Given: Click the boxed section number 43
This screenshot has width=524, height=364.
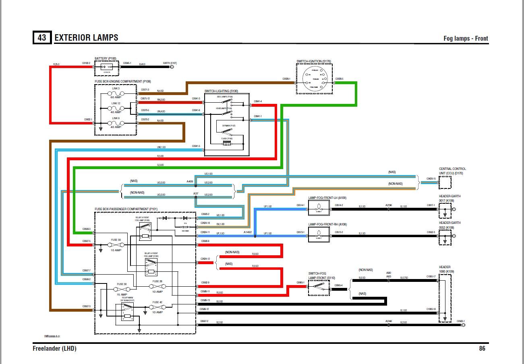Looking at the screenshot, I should tap(42, 37).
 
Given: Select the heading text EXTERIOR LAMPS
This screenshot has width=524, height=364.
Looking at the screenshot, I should tap(86, 37).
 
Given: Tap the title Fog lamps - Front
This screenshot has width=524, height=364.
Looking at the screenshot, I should tap(466, 38).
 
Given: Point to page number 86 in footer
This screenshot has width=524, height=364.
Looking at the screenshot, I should tap(482, 348).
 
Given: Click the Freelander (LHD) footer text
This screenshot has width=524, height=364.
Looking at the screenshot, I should tap(54, 348).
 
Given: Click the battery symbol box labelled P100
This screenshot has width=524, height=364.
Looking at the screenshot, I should tap(107, 68).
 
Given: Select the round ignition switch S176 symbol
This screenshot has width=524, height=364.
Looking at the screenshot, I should tap(314, 79).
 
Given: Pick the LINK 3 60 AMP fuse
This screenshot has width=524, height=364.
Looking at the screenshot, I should tap(116, 93).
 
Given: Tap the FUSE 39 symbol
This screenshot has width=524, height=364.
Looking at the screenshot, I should tap(116, 245).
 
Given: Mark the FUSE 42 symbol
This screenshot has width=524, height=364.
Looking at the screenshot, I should tap(157, 307).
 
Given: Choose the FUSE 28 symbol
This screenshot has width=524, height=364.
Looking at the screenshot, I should tap(157, 286).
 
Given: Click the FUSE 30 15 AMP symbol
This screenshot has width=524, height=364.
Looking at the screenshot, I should tap(122, 289).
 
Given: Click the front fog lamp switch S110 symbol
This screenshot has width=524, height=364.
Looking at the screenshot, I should tap(319, 287).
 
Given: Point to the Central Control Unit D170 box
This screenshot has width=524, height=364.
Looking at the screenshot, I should tap(445, 182).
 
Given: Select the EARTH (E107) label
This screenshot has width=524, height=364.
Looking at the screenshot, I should tap(170, 63).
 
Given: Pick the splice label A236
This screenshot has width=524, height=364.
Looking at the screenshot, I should tap(388, 205).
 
